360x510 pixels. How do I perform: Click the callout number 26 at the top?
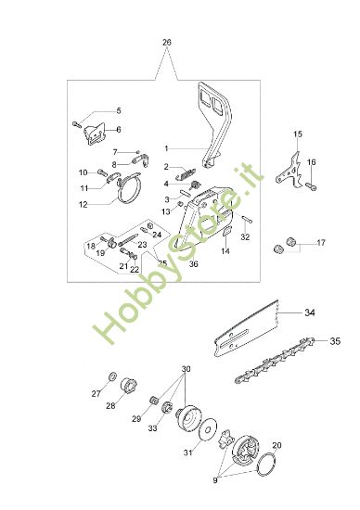tap(167, 43)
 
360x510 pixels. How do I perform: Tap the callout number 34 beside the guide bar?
tap(310, 312)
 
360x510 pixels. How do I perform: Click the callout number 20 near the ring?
tap(276, 444)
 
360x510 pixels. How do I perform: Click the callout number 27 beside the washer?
tap(95, 393)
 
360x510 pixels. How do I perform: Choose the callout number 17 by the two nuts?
tap(320, 243)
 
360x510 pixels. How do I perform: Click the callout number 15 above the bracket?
tap(298, 135)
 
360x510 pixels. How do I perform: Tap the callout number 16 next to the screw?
tap(312, 162)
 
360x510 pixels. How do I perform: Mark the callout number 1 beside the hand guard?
tap(166, 148)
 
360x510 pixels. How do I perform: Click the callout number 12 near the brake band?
tap(83, 204)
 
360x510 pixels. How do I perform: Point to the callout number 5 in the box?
tap(118, 110)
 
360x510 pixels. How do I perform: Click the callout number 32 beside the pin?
tap(245, 237)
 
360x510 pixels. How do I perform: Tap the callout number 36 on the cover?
tap(193, 263)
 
